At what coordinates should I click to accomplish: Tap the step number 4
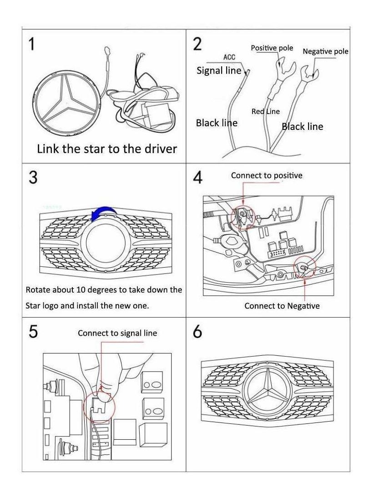click(198, 177)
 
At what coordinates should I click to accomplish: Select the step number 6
click(197, 332)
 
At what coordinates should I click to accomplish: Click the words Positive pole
click(272, 48)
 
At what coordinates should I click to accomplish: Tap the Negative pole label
click(325, 51)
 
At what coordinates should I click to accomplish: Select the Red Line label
click(266, 111)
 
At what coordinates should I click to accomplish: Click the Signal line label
click(219, 70)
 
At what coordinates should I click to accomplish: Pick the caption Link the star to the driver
click(107, 149)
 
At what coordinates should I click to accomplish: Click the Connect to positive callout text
click(267, 175)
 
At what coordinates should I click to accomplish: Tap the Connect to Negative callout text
click(282, 306)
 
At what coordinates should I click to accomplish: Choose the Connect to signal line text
click(117, 333)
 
